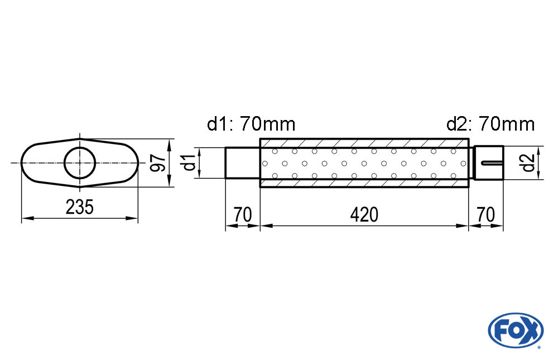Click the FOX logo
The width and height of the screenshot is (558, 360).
tap(516, 330)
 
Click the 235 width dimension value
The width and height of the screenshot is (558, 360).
tap(80, 207)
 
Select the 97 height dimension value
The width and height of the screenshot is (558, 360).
tap(158, 163)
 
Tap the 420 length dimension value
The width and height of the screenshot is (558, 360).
tap(364, 215)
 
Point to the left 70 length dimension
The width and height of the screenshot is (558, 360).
tap(243, 215)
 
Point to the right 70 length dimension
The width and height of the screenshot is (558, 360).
tap(486, 215)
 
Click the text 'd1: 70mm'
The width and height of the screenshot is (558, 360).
tap(251, 124)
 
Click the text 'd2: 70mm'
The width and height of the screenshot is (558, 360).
tap(490, 124)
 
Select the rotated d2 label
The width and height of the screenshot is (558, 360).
tap(527, 163)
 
